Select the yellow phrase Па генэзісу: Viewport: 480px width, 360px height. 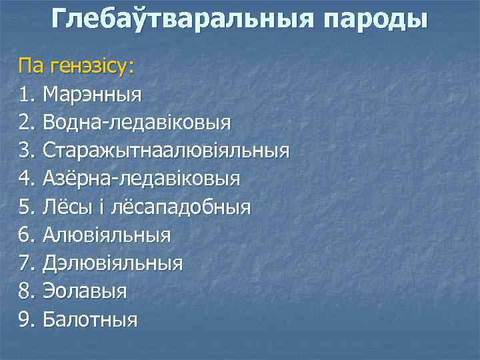[76, 66]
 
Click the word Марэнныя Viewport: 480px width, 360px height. [92, 94]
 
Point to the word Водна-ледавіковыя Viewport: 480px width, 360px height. [137, 122]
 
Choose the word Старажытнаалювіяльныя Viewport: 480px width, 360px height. [166, 151]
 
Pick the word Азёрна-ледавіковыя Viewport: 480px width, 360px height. [141, 179]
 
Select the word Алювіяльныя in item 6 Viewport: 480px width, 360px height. [107, 235]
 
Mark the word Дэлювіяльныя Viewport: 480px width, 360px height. [112, 263]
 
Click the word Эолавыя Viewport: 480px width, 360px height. [85, 291]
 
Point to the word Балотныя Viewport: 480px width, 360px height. [90, 320]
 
